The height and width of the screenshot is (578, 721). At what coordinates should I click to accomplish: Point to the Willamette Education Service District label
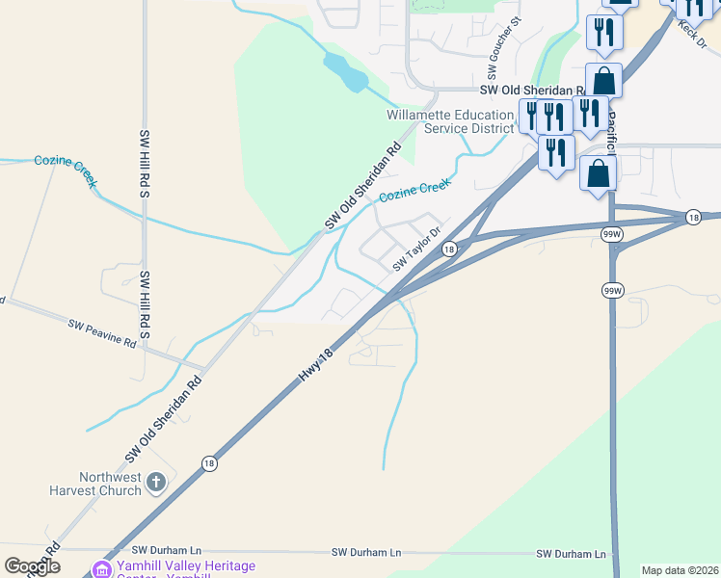click(x=450, y=121)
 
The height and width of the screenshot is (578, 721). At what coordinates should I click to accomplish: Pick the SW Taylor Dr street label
click(x=416, y=250)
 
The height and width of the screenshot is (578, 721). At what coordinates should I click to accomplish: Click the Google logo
click(x=32, y=566)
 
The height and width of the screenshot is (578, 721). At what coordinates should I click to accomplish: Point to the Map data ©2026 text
click(x=679, y=570)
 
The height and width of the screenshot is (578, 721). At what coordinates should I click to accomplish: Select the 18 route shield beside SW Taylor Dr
click(x=449, y=250)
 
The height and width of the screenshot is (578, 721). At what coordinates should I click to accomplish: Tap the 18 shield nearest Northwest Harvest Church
click(x=209, y=463)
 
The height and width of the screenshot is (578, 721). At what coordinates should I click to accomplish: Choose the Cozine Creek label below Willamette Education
click(x=414, y=190)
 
